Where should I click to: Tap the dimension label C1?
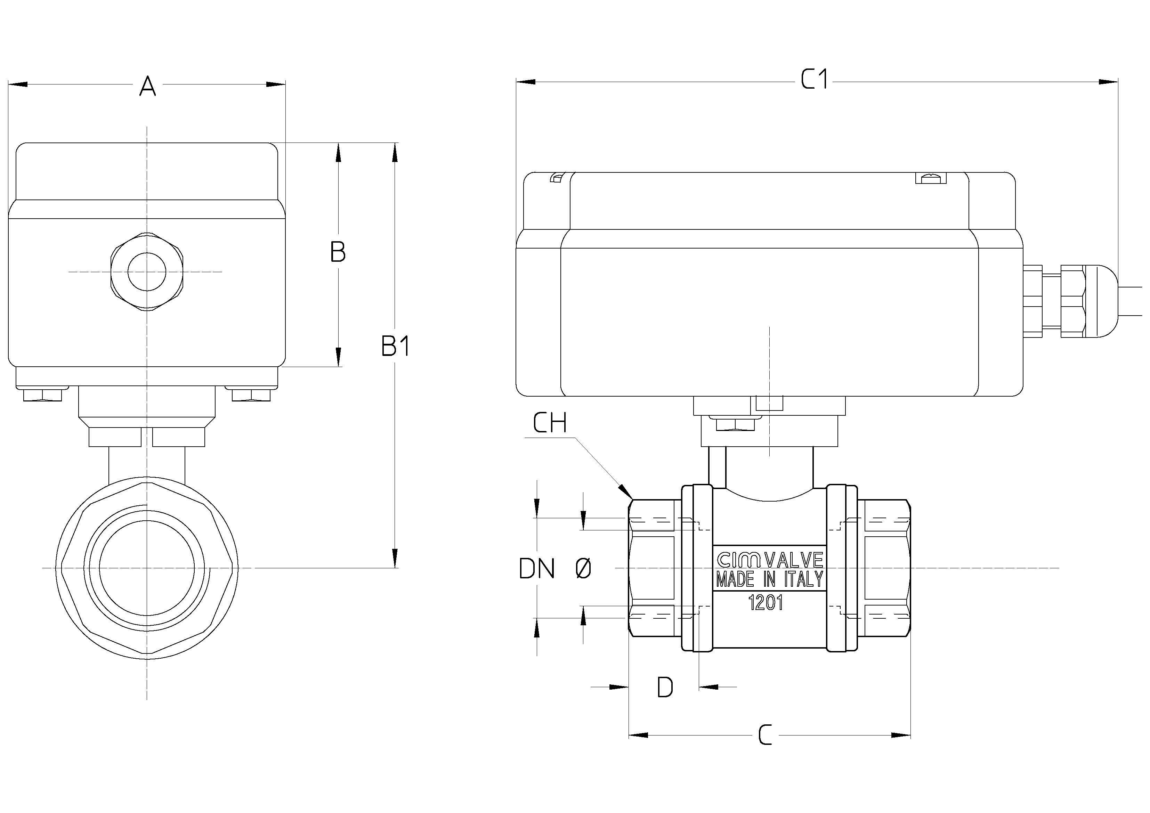pos(815,79)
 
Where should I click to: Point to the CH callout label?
pos(550,422)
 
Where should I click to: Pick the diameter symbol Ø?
pos(583,569)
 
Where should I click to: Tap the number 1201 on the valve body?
pos(765,603)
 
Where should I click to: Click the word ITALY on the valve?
pos(803,579)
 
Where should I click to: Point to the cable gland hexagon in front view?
pos(147,272)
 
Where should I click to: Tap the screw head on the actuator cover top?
pos(931,178)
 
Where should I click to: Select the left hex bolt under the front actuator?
pos(42,395)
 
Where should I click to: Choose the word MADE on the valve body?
pos(735,579)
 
